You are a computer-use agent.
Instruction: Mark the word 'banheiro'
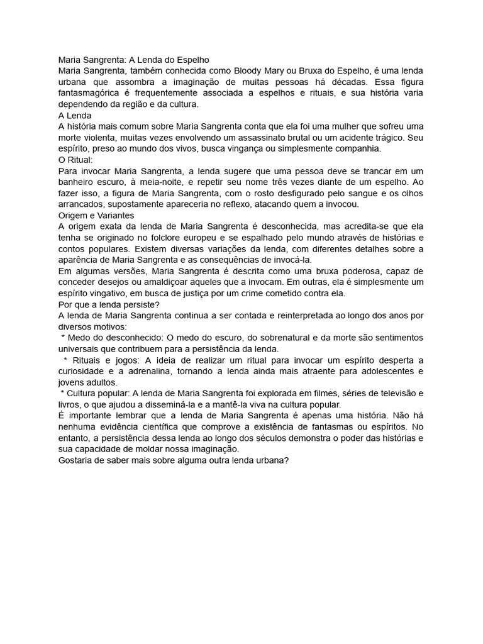[77, 182]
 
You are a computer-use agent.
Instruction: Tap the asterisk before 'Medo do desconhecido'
[64, 338]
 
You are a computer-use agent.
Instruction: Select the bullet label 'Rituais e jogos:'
[109, 360]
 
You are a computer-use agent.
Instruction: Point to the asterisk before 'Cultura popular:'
[64, 394]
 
